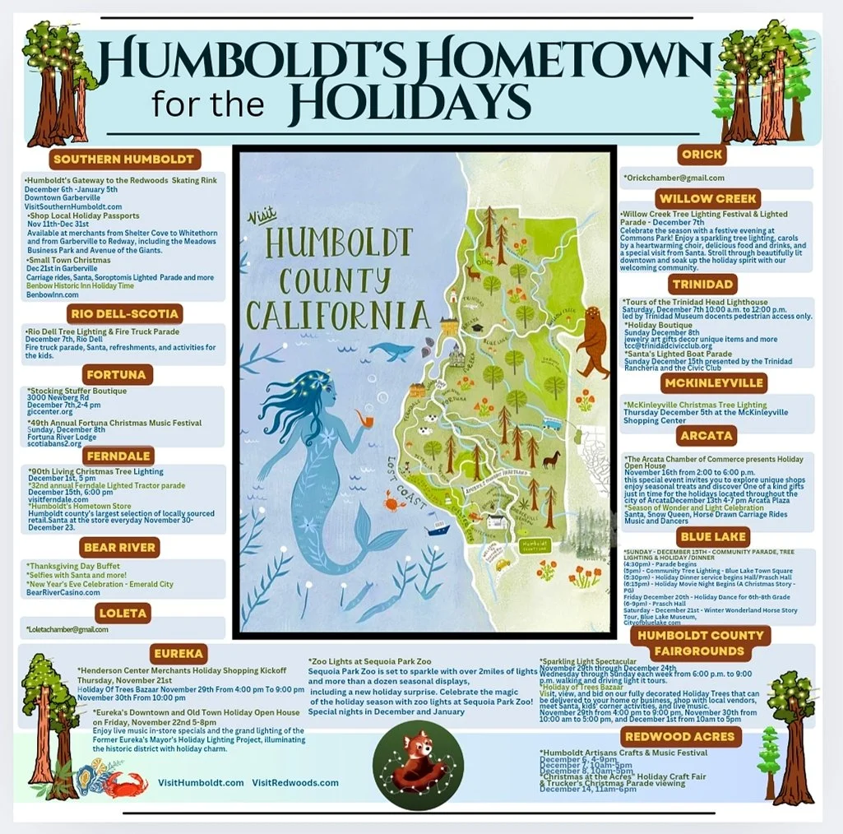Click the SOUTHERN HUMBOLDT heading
(x=124, y=159)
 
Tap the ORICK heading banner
(x=702, y=154)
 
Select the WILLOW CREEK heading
(x=709, y=198)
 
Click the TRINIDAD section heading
(x=702, y=285)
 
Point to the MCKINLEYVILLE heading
(x=713, y=382)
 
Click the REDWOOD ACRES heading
(x=679, y=736)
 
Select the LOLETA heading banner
(x=123, y=613)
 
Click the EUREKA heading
(x=177, y=654)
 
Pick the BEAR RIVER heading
(x=119, y=547)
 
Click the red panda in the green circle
(x=413, y=761)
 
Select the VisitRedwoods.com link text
(x=295, y=782)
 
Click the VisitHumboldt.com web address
(x=199, y=782)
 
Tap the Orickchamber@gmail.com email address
(x=674, y=178)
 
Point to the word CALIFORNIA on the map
(x=339, y=314)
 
